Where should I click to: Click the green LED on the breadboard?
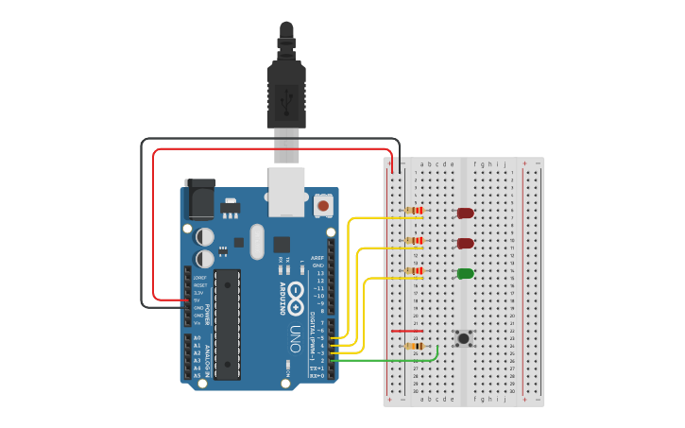coord(465,273)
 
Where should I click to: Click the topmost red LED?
coord(465,213)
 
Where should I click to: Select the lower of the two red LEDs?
coord(465,243)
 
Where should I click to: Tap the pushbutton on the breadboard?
coord(464,338)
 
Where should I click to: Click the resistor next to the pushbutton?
coord(415,346)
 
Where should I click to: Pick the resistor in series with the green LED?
coord(415,271)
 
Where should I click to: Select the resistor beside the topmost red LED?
coord(415,211)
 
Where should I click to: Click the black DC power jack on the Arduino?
coord(200,199)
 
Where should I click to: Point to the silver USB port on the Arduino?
coord(286,192)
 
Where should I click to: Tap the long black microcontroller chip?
coord(227,324)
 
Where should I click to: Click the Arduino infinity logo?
coord(296,294)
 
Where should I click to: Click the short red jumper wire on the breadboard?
coord(406,332)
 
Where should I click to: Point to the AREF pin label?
coord(317,258)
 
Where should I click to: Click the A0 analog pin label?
coord(197,338)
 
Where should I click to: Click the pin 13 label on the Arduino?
coord(320,273)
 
